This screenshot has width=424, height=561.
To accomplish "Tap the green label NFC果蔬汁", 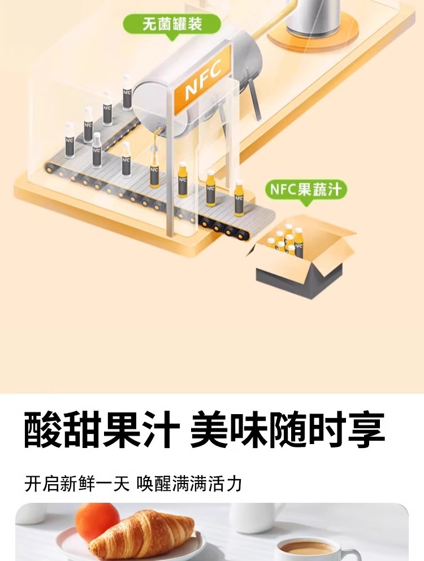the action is pos(306,189).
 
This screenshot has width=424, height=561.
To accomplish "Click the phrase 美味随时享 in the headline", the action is pos(287,431).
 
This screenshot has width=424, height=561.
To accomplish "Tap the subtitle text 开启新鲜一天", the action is pos(77,484).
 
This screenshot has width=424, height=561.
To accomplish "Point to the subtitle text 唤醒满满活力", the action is pos(189,484).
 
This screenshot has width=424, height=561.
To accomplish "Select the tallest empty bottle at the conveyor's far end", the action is pos(127,92).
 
